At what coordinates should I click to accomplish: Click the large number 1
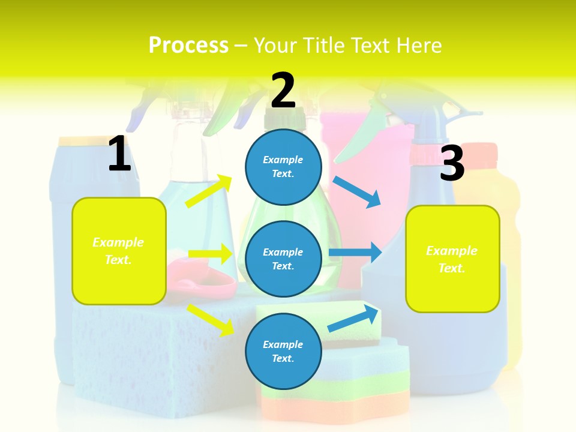point(119,154)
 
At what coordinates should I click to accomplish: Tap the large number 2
point(283,90)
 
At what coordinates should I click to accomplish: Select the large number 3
point(452,163)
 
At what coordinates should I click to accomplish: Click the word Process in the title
point(188,45)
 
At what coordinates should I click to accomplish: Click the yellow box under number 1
point(119,251)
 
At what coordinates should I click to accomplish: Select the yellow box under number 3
point(452,259)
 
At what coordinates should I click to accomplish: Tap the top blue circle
point(283,167)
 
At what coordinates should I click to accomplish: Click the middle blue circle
point(283,259)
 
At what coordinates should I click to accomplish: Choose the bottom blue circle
point(283,352)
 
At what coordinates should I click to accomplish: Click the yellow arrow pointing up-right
point(209,191)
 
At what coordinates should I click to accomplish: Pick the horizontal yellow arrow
point(210,254)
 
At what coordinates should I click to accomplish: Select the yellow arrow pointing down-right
point(211,319)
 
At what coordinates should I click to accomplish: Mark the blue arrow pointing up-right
point(353,318)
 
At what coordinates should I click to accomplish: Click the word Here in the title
point(418,45)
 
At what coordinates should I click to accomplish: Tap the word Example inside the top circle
point(283,160)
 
